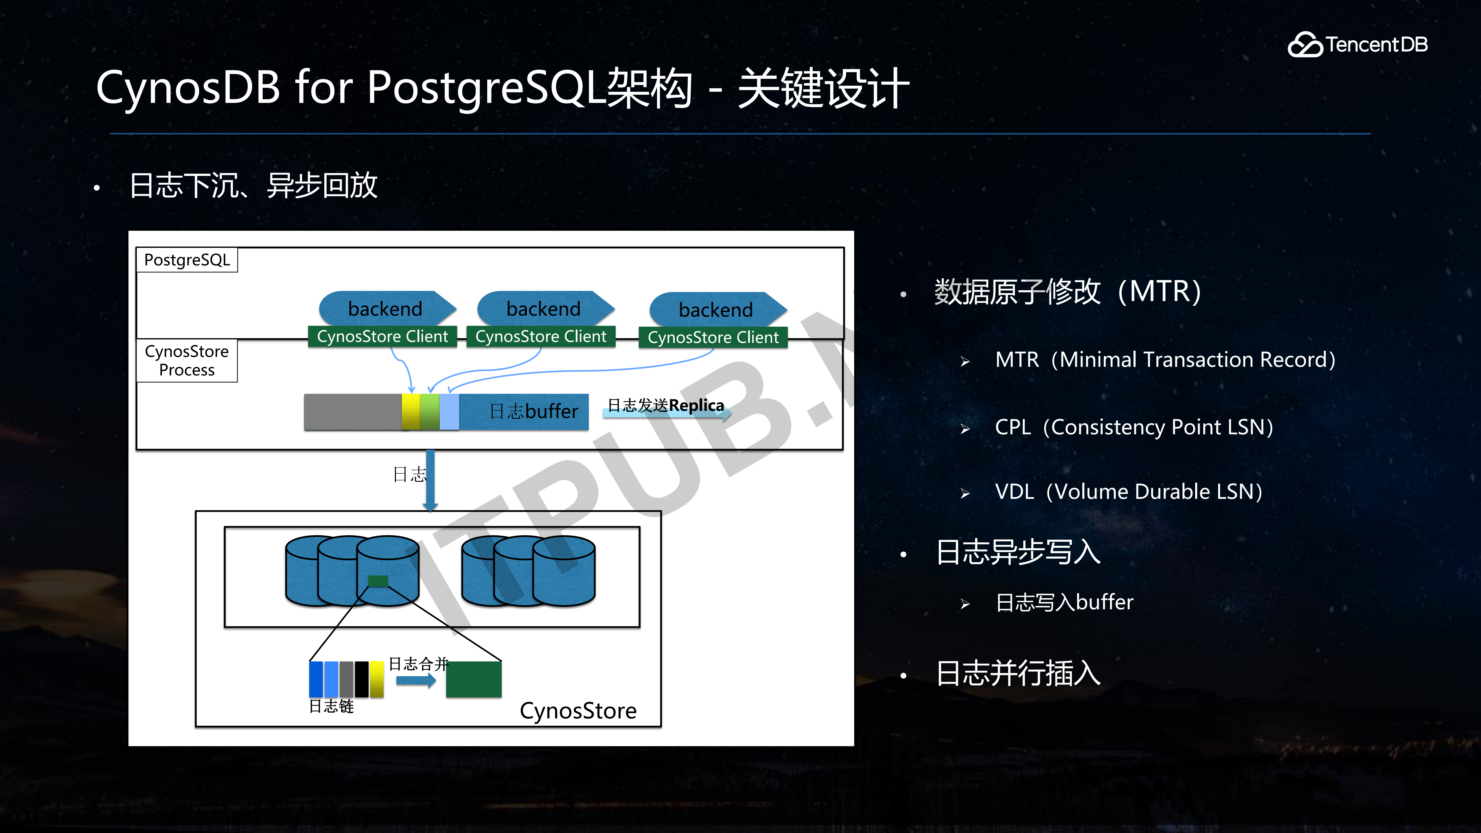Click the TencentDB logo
click(1357, 44)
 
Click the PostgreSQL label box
click(187, 260)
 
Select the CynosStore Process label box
click(187, 361)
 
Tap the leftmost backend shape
click(386, 309)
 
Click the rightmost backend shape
click(716, 310)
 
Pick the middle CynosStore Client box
click(540, 336)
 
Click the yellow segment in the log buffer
click(411, 412)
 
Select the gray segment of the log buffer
click(352, 412)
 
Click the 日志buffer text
click(533, 412)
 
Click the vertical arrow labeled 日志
click(430, 480)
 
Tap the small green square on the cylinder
click(378, 581)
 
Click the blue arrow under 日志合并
click(416, 681)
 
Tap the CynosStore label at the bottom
click(578, 711)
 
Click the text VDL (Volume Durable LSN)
click(1128, 492)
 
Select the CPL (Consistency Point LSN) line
click(1134, 427)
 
